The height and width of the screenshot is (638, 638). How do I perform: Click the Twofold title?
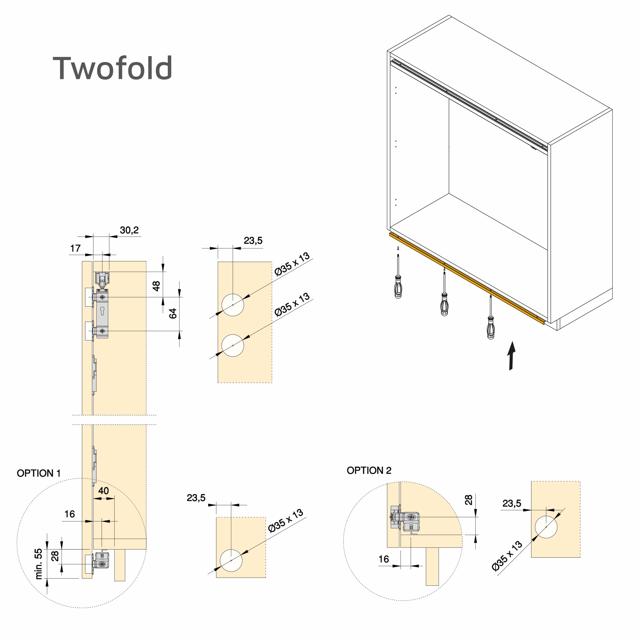point(112,68)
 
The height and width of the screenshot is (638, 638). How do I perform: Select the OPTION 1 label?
point(39,473)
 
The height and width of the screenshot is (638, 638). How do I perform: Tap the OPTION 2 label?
point(369,470)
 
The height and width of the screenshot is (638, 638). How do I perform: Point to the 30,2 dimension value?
point(129,230)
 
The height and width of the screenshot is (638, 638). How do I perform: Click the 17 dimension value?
point(75,248)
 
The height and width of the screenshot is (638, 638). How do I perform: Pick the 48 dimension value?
point(156,286)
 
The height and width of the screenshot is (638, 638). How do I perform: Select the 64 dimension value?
point(173,313)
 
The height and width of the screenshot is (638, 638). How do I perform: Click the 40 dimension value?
point(103,491)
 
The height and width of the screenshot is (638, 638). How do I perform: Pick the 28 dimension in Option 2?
point(469,500)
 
